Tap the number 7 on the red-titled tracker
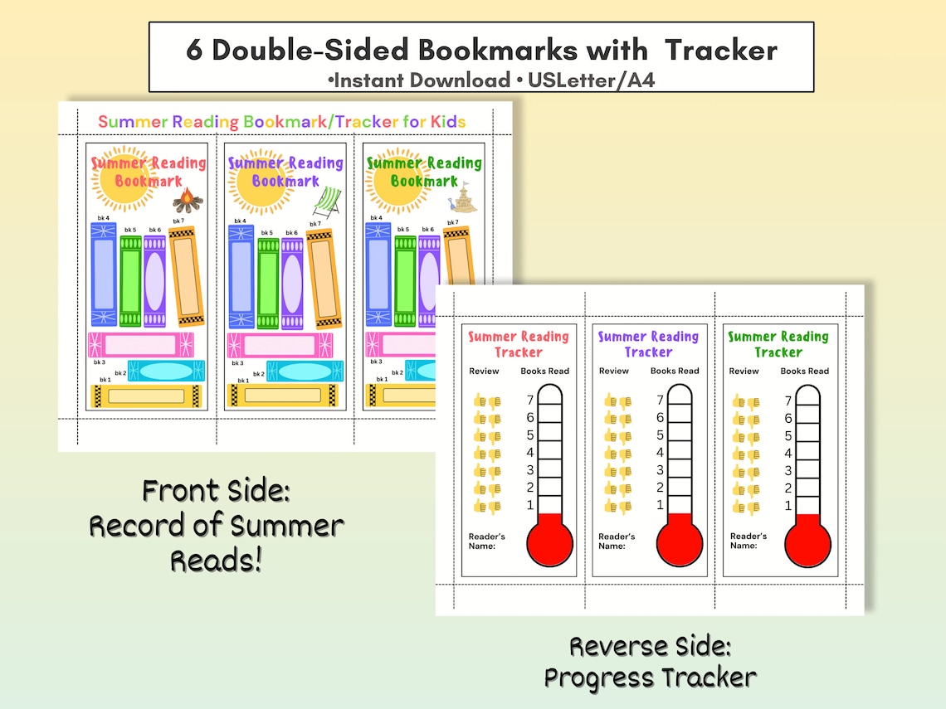point(529,401)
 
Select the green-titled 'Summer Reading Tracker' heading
point(778,344)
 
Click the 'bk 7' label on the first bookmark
point(178,221)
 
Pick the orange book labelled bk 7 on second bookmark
point(319,278)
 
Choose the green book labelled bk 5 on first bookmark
point(130,282)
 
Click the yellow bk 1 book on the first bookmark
point(144,396)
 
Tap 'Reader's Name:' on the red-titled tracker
point(486,541)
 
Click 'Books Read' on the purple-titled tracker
point(675,371)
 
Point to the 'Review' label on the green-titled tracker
point(744,371)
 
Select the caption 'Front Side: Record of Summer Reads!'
point(216,526)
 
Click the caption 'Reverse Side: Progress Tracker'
point(650,662)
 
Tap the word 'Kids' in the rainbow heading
point(446,122)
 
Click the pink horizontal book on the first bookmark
point(141,344)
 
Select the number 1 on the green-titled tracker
point(788,506)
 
